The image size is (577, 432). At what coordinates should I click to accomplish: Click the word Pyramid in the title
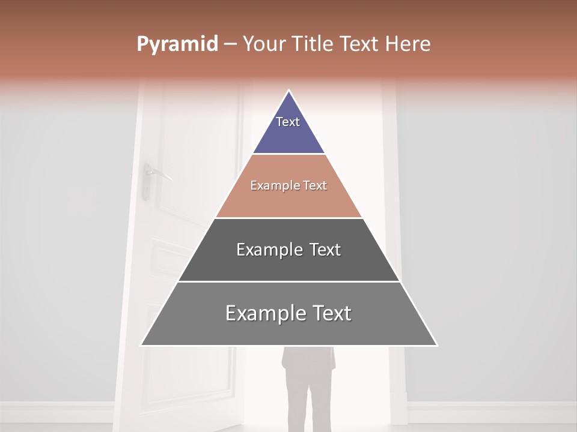177,44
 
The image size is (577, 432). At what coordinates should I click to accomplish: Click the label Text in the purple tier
288,122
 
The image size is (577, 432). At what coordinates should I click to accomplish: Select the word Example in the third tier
267,250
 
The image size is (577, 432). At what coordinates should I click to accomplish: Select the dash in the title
230,44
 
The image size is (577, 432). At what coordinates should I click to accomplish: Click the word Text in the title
359,44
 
